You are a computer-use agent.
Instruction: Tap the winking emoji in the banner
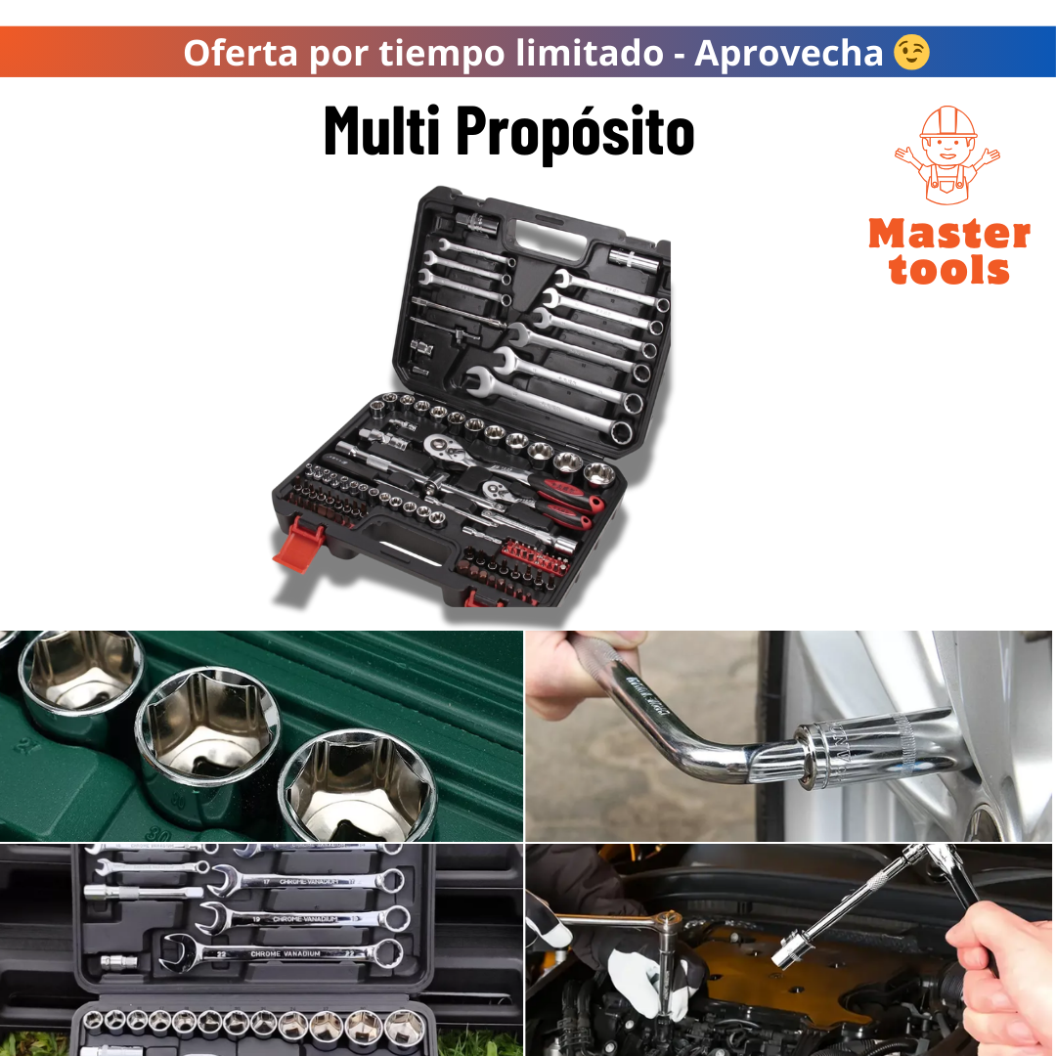[911, 52]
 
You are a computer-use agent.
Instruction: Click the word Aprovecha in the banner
[788, 52]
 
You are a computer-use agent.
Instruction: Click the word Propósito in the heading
[575, 132]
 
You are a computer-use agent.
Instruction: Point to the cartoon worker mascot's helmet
[948, 123]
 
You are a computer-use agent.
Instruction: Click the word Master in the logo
[948, 235]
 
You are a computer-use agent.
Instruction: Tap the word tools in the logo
[948, 270]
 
